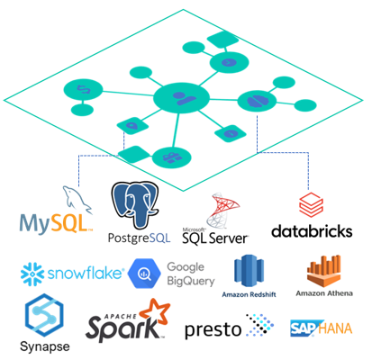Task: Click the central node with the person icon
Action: [x=181, y=98]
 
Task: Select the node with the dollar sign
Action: [x=83, y=90]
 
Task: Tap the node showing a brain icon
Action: [x=257, y=101]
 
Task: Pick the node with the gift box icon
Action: [x=171, y=157]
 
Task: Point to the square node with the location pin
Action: [x=132, y=126]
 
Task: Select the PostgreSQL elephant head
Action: [x=135, y=204]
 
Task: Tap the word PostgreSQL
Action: [x=139, y=238]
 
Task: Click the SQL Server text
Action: [x=215, y=238]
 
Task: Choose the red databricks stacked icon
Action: [x=311, y=205]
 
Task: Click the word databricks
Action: [x=312, y=231]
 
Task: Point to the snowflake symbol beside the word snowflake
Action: [x=32, y=274]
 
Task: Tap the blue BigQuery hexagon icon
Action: [x=144, y=274]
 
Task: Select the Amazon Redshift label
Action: [x=249, y=294]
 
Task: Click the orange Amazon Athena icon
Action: [x=324, y=271]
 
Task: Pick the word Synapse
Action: [x=45, y=346]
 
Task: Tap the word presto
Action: [x=213, y=330]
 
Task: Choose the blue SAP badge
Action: [x=304, y=328]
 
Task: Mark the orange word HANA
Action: [x=335, y=328]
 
